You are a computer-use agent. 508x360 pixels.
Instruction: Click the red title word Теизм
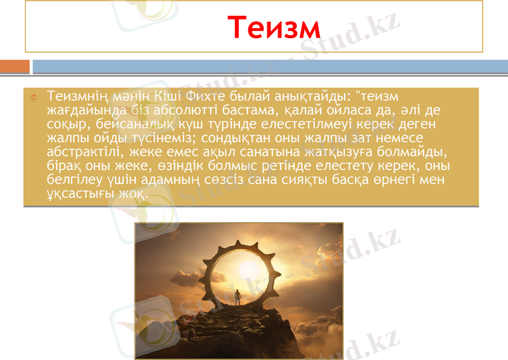275,27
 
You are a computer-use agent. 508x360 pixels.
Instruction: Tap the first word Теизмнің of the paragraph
80,96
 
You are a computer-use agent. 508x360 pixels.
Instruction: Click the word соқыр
67,124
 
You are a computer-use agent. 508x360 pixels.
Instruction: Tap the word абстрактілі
85,152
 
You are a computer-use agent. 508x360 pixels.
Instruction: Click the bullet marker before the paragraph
37,97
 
